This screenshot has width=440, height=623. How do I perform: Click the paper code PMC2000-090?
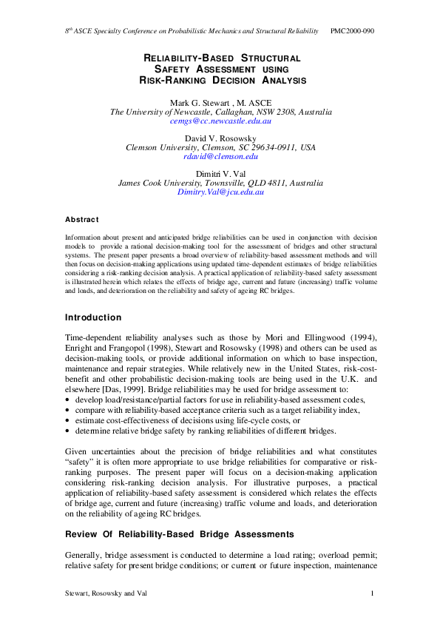pos(352,32)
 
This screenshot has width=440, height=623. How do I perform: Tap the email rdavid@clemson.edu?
pos(220,157)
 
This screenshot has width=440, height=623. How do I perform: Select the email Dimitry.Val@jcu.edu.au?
pos(220,192)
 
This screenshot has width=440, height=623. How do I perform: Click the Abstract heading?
pos(81,219)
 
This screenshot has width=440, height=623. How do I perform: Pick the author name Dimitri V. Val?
pos(220,173)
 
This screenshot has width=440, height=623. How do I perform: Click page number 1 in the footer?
pos(372,593)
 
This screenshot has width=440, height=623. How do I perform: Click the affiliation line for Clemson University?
pos(220,147)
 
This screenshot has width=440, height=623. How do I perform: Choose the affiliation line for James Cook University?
pos(220,183)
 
